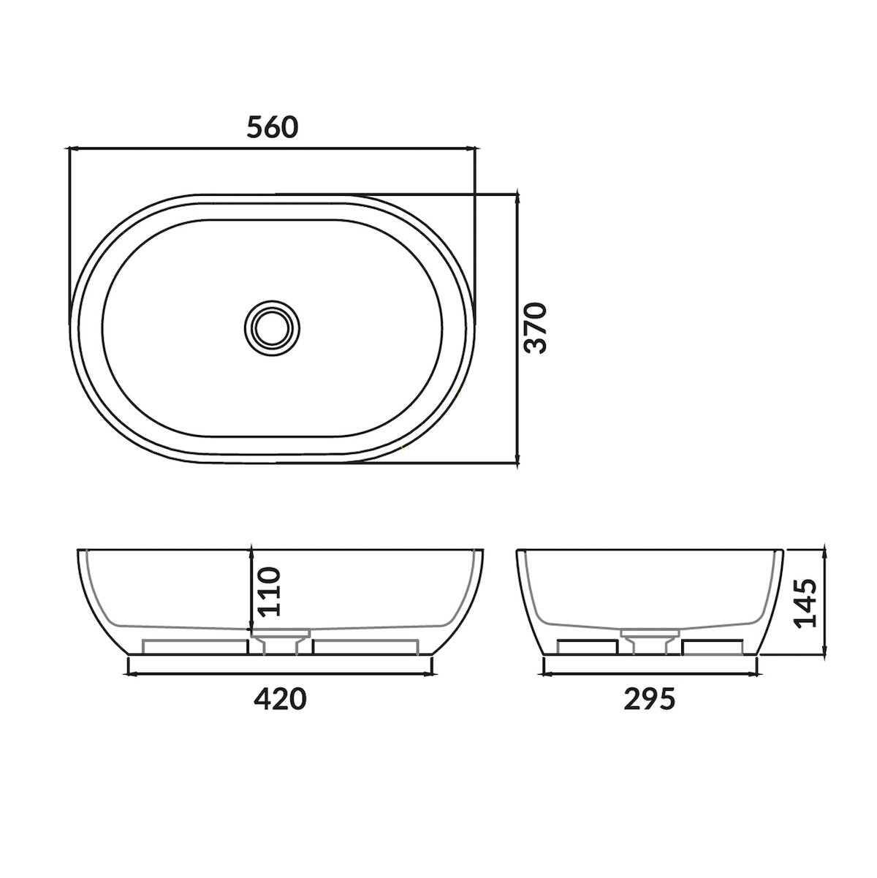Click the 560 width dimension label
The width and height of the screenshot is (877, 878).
point(273,127)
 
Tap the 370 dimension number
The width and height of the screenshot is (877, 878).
point(537,328)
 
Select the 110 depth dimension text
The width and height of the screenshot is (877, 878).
point(268,590)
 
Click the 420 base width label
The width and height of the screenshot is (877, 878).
point(280,700)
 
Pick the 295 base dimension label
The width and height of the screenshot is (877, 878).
point(650,700)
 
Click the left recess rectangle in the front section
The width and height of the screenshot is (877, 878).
point(196,647)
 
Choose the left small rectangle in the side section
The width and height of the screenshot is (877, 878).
point(587,647)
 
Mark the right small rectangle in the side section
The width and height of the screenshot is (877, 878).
point(713,647)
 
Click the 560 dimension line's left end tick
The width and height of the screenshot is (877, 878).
point(68,149)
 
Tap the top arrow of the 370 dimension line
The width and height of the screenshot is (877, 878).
point(517,196)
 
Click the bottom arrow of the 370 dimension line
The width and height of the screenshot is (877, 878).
point(517,462)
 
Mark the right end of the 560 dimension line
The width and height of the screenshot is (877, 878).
point(475,149)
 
